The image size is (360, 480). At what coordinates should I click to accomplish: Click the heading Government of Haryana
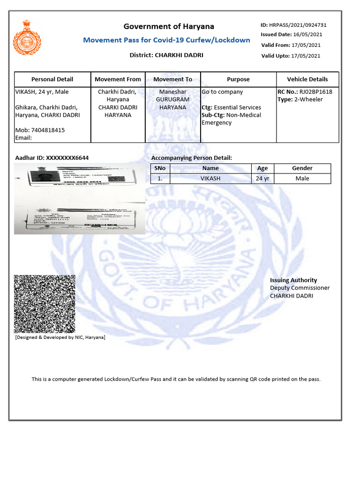(x=169, y=26)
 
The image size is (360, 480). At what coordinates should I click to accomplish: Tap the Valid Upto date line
(x=291, y=56)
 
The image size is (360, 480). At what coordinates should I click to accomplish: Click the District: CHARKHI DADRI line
(x=166, y=55)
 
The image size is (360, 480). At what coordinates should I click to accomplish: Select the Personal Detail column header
(x=52, y=79)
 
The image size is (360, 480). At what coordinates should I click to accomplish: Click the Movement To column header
(x=172, y=79)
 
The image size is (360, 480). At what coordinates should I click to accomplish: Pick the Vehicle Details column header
(x=307, y=79)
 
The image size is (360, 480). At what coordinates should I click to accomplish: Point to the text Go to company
(x=222, y=92)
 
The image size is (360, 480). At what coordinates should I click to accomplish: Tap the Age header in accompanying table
(x=262, y=168)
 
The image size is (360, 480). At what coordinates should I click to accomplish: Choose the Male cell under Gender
(x=302, y=179)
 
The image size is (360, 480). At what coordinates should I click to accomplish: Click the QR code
(x=45, y=304)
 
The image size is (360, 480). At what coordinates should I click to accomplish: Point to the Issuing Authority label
(x=293, y=280)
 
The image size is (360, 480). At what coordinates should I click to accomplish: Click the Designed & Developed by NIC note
(x=60, y=337)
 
